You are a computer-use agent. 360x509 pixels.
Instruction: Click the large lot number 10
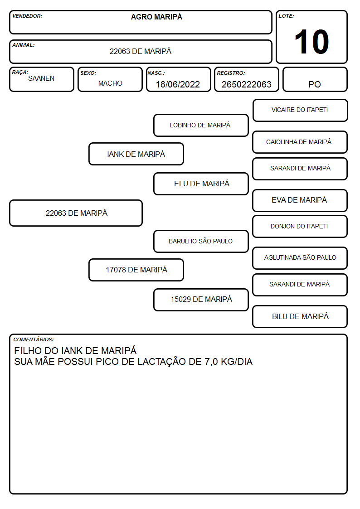(x=311, y=42)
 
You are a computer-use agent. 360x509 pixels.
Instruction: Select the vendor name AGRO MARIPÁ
(x=156, y=17)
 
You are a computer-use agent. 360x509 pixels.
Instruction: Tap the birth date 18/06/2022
(x=178, y=84)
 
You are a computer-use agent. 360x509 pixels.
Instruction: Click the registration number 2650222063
(x=246, y=84)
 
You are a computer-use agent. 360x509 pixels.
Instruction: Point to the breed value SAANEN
(x=41, y=78)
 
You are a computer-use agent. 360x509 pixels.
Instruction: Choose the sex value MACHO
(x=110, y=83)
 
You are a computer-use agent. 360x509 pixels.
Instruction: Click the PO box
(x=315, y=80)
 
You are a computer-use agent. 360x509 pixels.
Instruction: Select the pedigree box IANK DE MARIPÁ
(x=136, y=154)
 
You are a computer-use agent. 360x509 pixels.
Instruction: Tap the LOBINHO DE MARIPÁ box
(x=201, y=125)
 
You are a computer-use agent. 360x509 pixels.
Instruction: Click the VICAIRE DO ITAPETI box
(x=300, y=111)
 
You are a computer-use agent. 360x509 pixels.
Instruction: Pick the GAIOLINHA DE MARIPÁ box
(x=300, y=142)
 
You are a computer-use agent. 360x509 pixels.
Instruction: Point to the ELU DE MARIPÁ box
(x=201, y=184)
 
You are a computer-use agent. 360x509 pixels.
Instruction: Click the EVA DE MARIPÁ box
(x=300, y=201)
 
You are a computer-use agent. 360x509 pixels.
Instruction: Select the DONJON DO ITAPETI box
(x=300, y=227)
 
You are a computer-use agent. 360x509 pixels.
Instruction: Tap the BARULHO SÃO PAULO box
(x=201, y=242)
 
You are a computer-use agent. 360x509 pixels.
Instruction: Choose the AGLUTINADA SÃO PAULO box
(x=300, y=258)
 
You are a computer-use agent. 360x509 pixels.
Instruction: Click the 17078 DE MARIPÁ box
(x=136, y=270)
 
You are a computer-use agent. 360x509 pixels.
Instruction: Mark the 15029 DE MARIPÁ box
(x=201, y=300)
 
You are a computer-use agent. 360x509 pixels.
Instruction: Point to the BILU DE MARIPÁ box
(x=300, y=317)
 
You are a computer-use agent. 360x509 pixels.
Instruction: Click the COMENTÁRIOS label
(x=34, y=339)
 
